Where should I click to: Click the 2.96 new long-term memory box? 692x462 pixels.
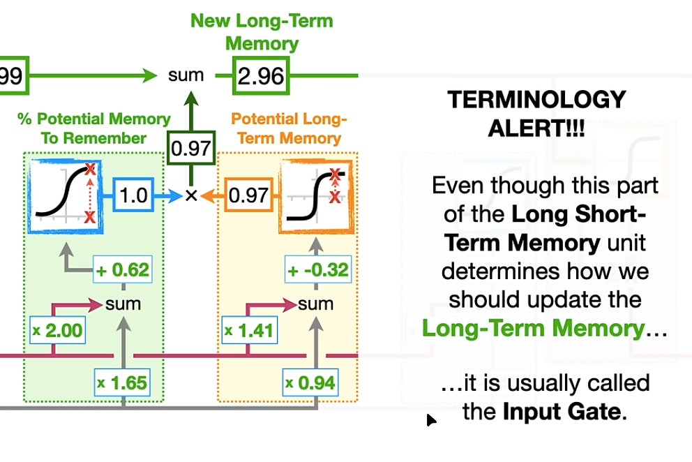tap(261, 75)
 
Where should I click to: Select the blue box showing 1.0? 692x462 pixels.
tap(133, 195)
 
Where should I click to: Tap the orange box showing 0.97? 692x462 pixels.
tap(248, 195)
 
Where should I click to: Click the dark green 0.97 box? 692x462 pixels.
tap(191, 148)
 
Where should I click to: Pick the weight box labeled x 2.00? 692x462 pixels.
tap(57, 330)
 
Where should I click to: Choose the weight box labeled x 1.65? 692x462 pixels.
tap(122, 382)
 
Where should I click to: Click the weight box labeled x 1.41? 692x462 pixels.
tap(249, 330)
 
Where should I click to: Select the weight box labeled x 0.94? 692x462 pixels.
tap(310, 382)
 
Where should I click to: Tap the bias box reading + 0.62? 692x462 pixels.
tap(123, 269)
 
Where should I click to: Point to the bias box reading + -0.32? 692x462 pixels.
tap(318, 269)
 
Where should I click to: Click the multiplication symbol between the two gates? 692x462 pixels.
tap(191, 195)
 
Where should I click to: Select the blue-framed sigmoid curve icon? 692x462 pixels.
tap(66, 196)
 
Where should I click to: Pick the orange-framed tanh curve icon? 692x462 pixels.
tap(317, 197)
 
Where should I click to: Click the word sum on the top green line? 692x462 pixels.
tap(186, 75)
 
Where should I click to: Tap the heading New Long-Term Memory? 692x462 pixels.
tap(262, 32)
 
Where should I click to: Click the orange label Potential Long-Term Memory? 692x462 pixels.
tap(289, 128)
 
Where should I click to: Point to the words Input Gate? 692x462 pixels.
tap(562, 412)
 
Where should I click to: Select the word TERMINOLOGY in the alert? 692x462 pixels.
tap(536, 99)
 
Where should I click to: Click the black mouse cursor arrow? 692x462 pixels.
tap(431, 420)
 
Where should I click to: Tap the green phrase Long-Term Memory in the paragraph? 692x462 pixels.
tap(534, 328)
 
